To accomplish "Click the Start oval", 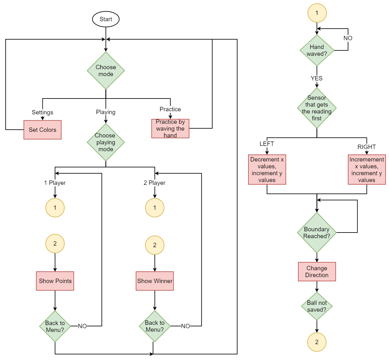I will click(x=106, y=19).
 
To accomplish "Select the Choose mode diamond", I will click(x=106, y=70).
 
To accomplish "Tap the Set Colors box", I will click(x=42, y=130).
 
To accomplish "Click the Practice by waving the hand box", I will click(x=170, y=128).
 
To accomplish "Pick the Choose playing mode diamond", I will click(x=106, y=142).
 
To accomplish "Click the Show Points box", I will click(x=55, y=281).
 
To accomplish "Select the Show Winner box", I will click(x=155, y=281).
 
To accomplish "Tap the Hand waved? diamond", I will click(x=317, y=50).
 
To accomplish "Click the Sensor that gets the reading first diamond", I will click(x=317, y=108).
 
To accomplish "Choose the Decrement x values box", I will click(x=267, y=170).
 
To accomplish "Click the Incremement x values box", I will click(x=367, y=170).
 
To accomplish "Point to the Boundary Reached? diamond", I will click(x=317, y=233).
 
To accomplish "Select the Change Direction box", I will click(x=317, y=271).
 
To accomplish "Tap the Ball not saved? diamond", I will click(x=317, y=306).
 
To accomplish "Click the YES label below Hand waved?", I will click(x=316, y=78).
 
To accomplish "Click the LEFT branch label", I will click(x=267, y=144).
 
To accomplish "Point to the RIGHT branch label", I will click(x=366, y=147).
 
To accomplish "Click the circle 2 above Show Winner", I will click(x=155, y=245).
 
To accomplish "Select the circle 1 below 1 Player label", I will click(x=55, y=208).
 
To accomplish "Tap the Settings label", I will click(x=42, y=112).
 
